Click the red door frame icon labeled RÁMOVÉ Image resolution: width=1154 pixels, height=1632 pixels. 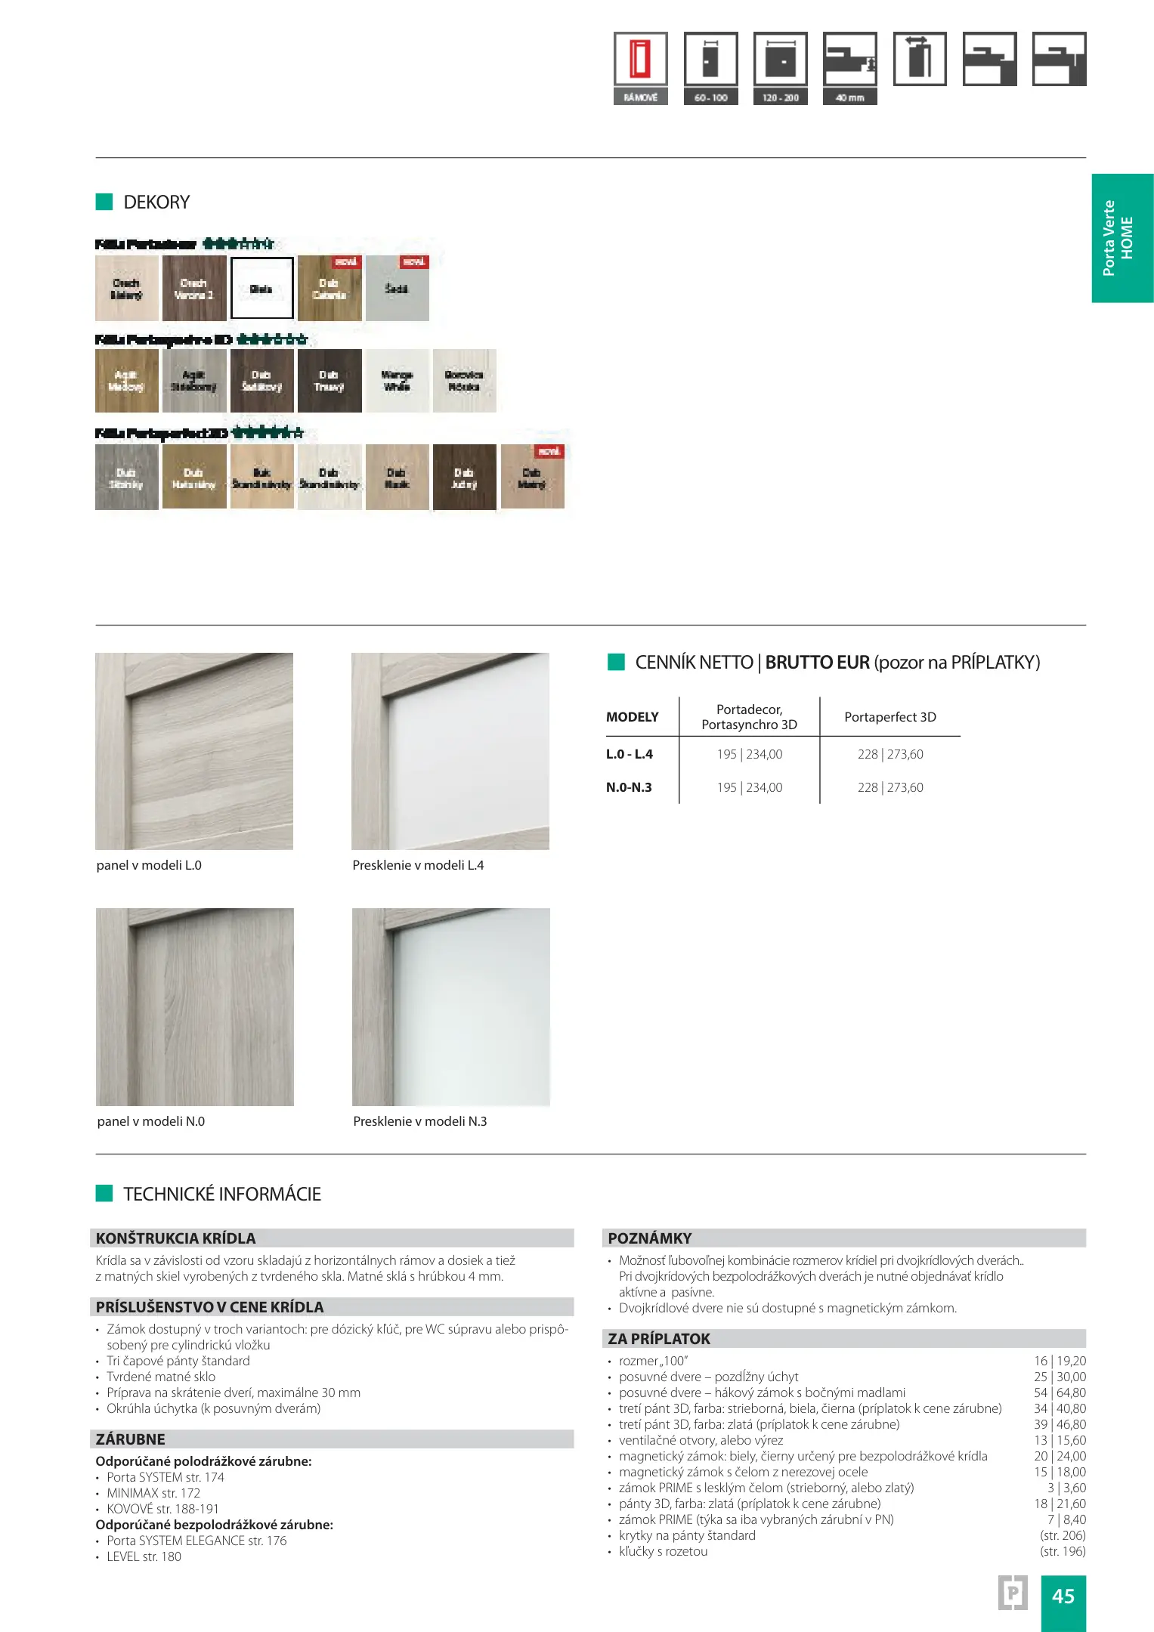point(640,60)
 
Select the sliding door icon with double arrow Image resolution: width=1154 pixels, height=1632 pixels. point(919,59)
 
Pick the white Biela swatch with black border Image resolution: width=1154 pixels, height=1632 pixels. point(261,288)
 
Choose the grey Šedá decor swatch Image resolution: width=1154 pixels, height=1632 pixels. point(397,289)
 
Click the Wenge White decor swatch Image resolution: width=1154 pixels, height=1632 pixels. point(397,381)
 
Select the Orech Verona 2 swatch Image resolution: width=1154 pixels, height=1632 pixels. point(194,289)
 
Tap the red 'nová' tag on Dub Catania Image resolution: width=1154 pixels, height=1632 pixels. point(346,262)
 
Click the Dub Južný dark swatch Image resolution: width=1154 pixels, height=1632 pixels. point(464,478)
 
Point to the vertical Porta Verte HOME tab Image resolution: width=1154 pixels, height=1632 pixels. point(1122,238)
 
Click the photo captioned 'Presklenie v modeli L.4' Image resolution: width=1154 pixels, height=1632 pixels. point(450,751)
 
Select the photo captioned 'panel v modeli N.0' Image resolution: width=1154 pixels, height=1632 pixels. point(194,1006)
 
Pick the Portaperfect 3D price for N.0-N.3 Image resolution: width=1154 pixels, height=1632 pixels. point(889,787)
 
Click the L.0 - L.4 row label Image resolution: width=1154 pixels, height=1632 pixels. point(629,754)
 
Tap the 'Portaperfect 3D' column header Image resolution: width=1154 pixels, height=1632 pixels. point(889,717)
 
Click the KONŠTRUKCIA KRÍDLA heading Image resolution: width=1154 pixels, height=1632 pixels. point(175,1238)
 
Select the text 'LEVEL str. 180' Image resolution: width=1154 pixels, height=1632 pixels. point(144,1556)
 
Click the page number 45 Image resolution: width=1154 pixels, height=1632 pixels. point(1063,1596)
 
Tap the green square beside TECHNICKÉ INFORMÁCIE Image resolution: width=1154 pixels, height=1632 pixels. point(104,1194)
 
